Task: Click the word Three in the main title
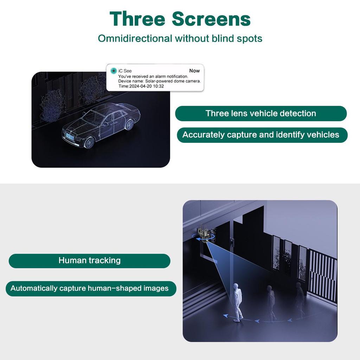click(x=137, y=19)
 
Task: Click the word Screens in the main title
click(x=211, y=19)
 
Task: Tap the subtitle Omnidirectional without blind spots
click(x=180, y=38)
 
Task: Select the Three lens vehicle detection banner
click(x=261, y=114)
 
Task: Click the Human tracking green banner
click(x=89, y=261)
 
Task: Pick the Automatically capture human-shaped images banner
click(x=90, y=288)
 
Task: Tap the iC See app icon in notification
click(x=113, y=71)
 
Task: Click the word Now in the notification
click(x=194, y=71)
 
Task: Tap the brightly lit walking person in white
click(x=238, y=302)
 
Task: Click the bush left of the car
click(x=51, y=105)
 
